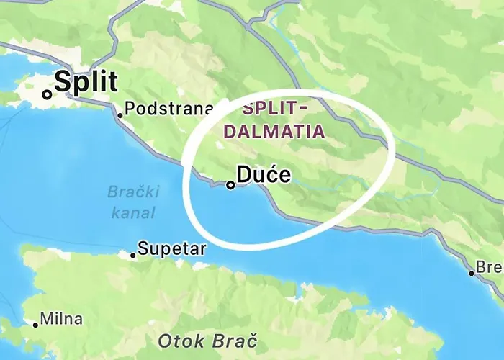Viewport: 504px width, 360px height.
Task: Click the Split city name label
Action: pos(85,82)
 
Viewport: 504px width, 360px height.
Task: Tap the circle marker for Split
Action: pos(47,94)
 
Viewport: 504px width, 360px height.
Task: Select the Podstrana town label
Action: pos(168,109)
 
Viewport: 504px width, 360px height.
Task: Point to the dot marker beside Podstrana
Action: pos(120,114)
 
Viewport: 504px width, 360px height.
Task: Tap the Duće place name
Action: pos(264,176)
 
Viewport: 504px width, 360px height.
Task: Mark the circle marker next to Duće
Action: pos(230,185)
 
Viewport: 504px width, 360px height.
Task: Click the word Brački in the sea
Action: pos(133,192)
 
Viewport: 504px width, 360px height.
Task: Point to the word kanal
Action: pos(133,212)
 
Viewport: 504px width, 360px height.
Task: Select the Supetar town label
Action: pos(171,249)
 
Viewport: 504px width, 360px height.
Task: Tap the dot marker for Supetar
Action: pos(132,255)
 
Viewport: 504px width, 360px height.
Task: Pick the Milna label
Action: pos(61,318)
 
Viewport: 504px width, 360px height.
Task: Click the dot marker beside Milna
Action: pos(35,325)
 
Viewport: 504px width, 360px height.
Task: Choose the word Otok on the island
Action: pos(181,339)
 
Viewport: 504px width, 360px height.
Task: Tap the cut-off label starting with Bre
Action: pos(490,267)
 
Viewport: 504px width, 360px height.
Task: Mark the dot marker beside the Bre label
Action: pos(472,273)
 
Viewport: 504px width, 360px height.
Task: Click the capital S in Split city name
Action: pos(62,82)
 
